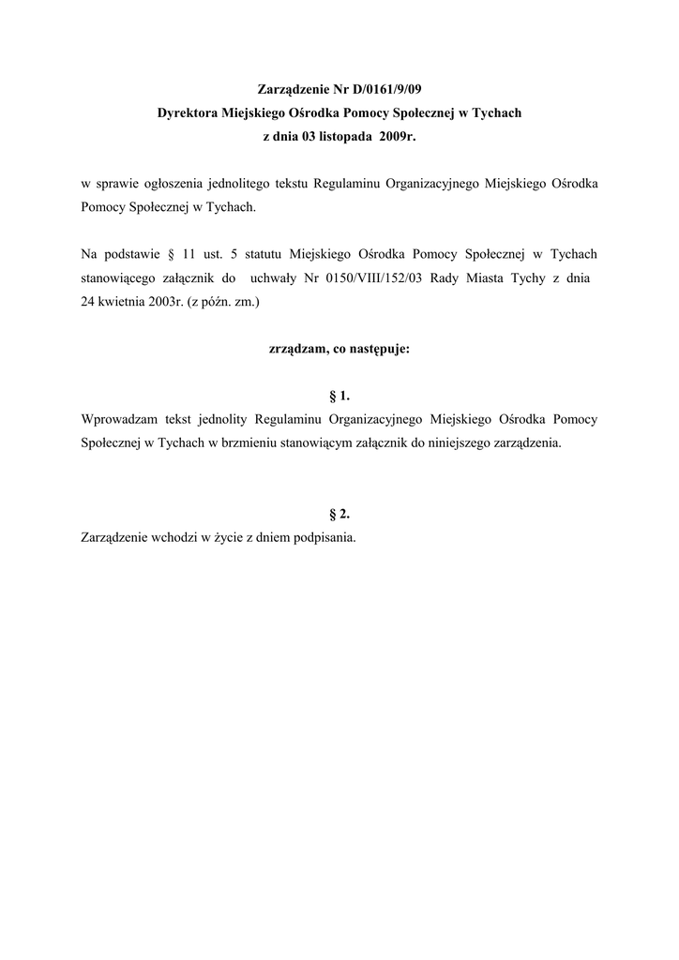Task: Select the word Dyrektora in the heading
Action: pos(189,113)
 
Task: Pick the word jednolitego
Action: pos(248,184)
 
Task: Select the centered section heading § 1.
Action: pos(339,396)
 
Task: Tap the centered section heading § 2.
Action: pos(339,514)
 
